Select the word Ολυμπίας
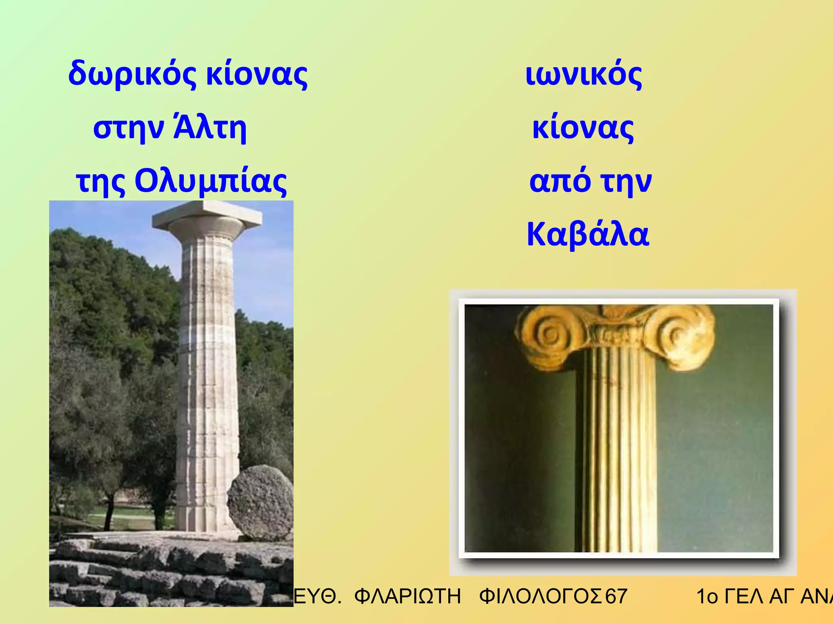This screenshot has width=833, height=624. click(211, 181)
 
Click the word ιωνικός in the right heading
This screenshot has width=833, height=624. click(584, 75)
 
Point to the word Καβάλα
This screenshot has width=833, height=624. click(588, 235)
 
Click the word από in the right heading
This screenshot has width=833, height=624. click(560, 181)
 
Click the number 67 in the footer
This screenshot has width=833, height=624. click(616, 596)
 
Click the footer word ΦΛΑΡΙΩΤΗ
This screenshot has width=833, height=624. click(408, 596)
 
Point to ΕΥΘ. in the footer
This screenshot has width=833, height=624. click(317, 596)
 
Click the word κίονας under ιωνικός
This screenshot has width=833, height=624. click(583, 128)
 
